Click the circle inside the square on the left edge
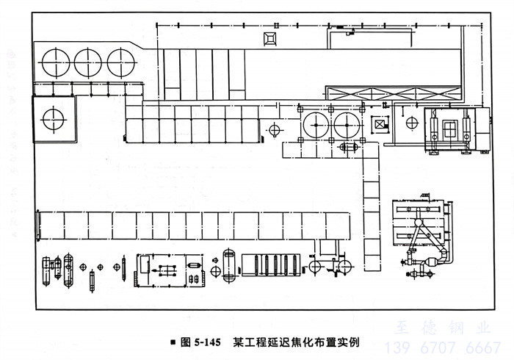(x=53, y=117)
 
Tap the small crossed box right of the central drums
(x=380, y=125)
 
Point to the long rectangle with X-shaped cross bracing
(x=394, y=93)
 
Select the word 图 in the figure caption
(x=185, y=342)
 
